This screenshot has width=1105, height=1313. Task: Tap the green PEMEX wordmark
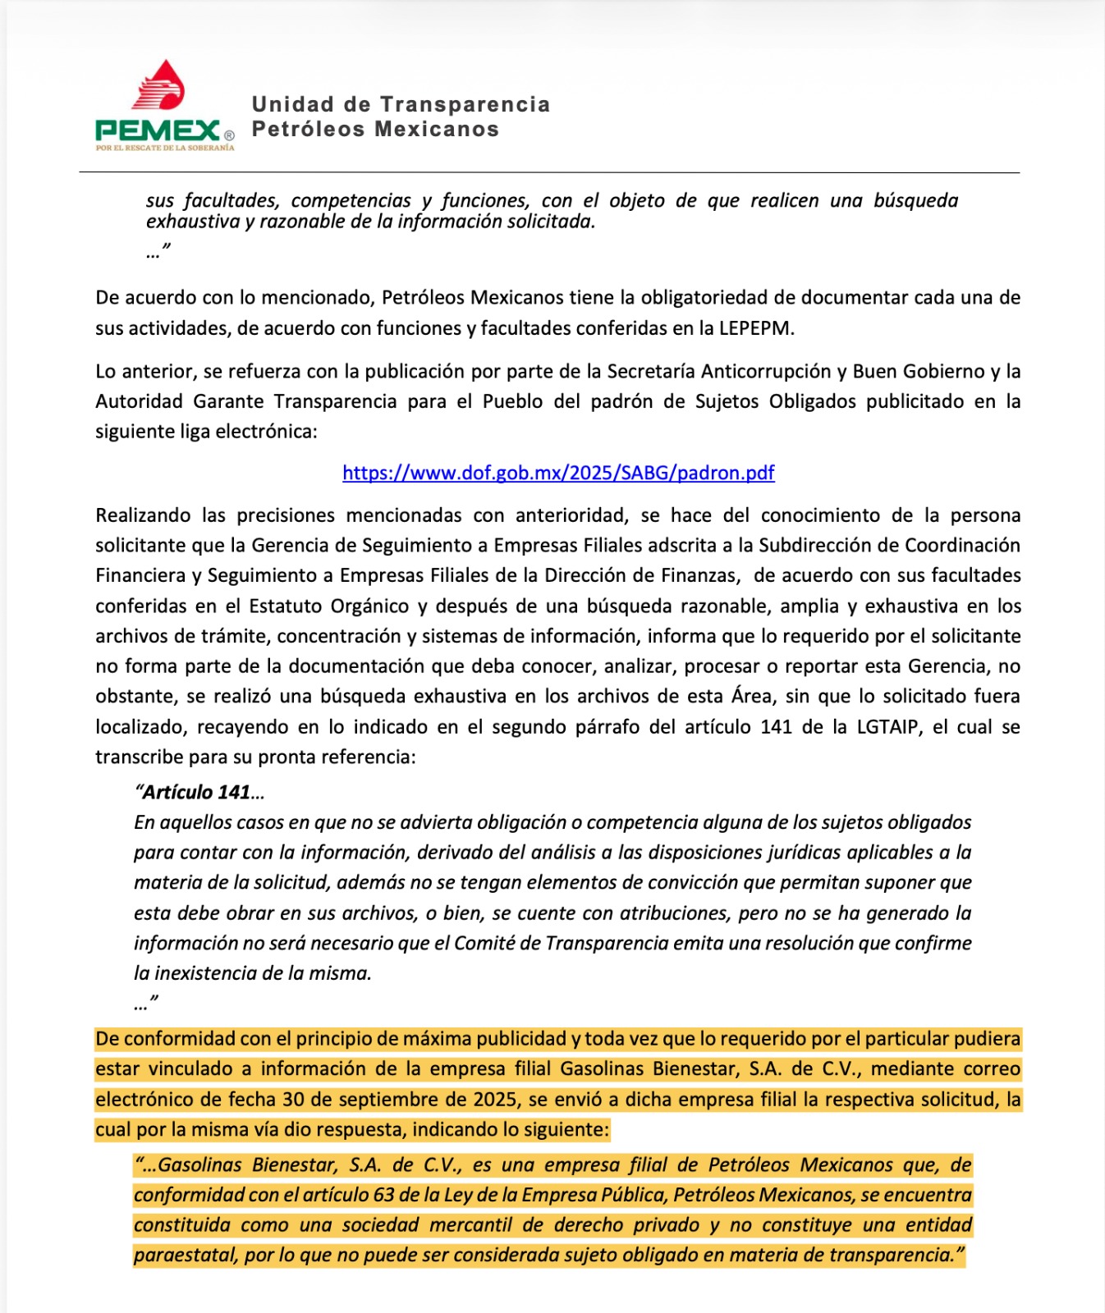coord(157,130)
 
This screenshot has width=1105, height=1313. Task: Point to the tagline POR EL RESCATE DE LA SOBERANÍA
coord(165,148)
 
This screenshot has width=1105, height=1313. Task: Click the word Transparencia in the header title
coord(465,104)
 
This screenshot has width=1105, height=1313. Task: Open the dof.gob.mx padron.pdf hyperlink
coord(558,473)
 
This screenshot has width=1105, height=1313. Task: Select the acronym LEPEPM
coord(756,328)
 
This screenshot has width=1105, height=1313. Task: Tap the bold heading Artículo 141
coord(198,792)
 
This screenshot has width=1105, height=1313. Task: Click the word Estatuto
coord(287,606)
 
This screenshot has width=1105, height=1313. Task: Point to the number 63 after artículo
coord(384,1195)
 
